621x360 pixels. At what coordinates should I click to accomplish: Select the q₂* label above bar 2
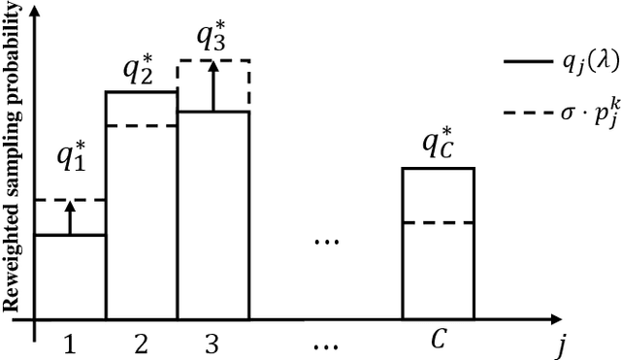[x=141, y=71]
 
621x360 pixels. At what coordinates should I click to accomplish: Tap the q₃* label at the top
[x=213, y=37]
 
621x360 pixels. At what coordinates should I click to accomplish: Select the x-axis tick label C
[x=439, y=342]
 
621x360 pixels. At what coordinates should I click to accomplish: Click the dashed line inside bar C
[x=439, y=223]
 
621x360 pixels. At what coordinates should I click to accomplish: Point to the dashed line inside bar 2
[x=141, y=125]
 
